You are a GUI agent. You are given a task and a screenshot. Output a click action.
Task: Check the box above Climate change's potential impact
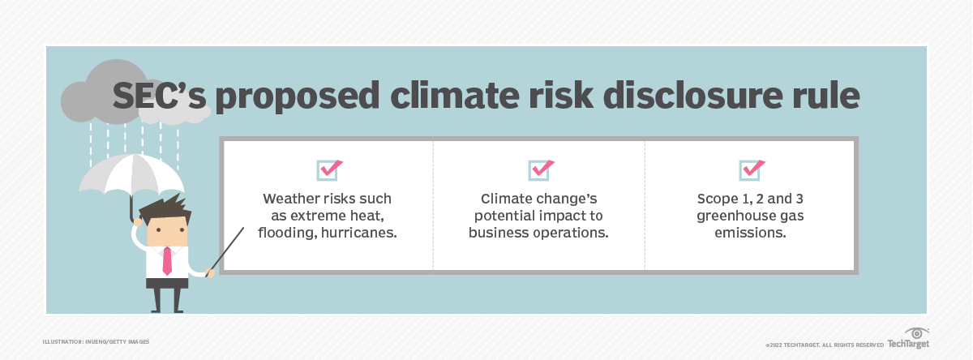540,169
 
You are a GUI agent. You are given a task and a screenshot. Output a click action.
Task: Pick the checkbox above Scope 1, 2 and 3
751,169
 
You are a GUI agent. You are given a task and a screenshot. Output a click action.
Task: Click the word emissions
751,234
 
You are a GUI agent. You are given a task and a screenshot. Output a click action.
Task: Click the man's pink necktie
166,259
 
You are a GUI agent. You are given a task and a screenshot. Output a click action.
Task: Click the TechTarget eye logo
918,334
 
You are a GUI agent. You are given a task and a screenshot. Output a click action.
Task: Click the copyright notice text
824,344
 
